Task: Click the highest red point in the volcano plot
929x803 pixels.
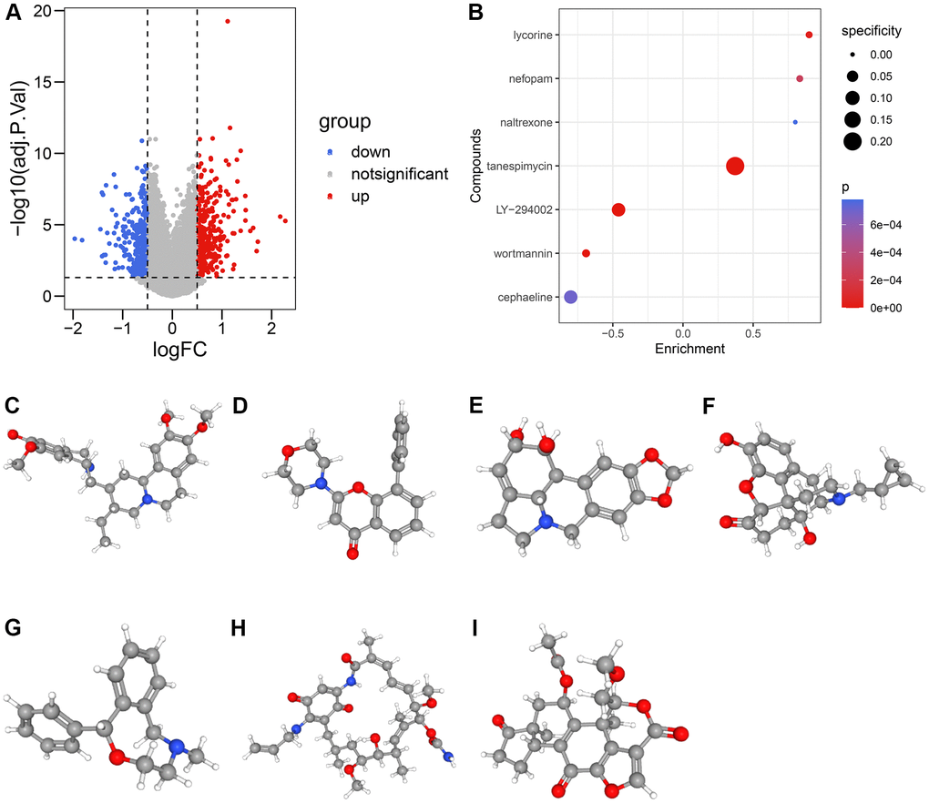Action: (227, 21)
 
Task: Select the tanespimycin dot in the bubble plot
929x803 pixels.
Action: (735, 166)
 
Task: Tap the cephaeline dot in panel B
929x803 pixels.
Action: (570, 297)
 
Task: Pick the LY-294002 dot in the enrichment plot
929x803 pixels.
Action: (618, 209)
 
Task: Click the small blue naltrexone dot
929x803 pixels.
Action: (795, 122)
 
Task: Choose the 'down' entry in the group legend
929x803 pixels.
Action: (370, 152)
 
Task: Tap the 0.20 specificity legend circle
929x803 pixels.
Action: (852, 141)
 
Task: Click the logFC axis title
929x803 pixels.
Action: (172, 348)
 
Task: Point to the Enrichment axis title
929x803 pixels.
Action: (683, 349)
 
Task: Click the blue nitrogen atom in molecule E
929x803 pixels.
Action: (544, 523)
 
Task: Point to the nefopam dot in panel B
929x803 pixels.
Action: (800, 78)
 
